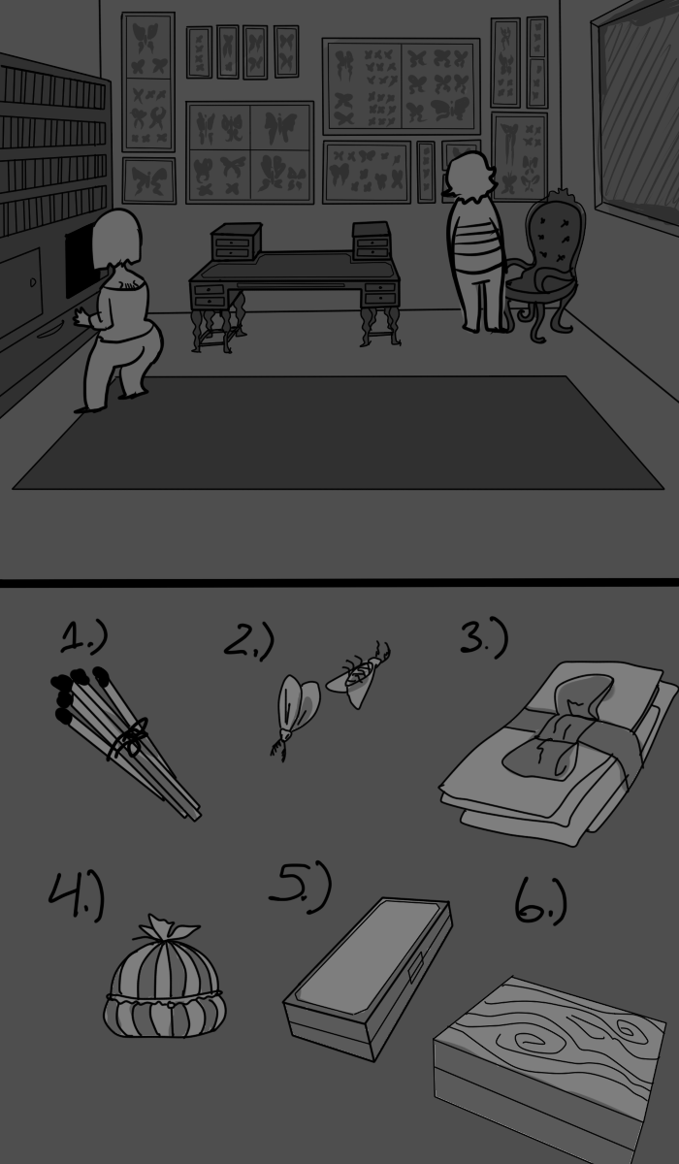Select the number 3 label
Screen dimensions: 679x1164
click(483, 638)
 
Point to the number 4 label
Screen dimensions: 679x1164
click(77, 896)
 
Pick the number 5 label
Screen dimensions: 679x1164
click(300, 888)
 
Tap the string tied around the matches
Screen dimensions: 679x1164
click(130, 739)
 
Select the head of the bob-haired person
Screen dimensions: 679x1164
click(117, 238)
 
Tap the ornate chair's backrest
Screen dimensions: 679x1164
click(554, 235)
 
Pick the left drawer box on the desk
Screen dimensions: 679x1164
click(236, 242)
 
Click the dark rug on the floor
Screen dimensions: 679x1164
click(338, 433)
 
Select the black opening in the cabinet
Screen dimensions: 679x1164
click(82, 265)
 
